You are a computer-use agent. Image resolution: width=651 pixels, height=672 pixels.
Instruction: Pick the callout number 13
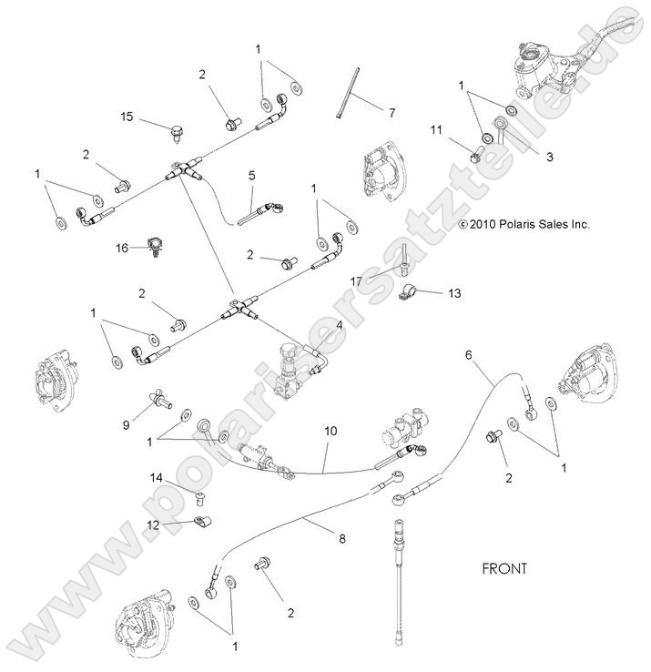click(454, 292)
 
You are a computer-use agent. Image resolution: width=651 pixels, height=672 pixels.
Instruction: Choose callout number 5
click(252, 176)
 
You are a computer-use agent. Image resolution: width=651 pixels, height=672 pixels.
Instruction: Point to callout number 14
click(157, 477)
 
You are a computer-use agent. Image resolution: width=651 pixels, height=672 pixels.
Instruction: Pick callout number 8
click(342, 539)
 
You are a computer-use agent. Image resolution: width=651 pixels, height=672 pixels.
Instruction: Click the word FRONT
click(504, 568)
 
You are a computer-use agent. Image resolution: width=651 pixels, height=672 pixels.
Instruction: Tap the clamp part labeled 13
click(412, 295)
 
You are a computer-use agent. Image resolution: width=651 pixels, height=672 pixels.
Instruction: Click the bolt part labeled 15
click(178, 133)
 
